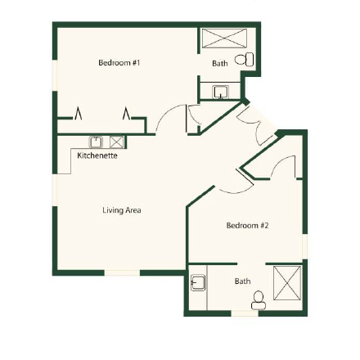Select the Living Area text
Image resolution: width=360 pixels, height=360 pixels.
122,210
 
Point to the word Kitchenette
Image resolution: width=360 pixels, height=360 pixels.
97,155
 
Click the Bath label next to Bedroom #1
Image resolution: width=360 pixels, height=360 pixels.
219,63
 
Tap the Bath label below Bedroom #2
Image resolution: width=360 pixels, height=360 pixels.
242,281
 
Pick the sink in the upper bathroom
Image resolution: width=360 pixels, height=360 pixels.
220,92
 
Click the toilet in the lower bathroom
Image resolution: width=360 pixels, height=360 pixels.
259,302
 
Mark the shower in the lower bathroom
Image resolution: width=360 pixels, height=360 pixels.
287,283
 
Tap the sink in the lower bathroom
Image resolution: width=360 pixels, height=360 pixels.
197,284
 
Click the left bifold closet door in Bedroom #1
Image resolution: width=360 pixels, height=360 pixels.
79,114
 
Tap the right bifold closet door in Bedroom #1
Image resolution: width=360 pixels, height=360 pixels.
128,114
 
